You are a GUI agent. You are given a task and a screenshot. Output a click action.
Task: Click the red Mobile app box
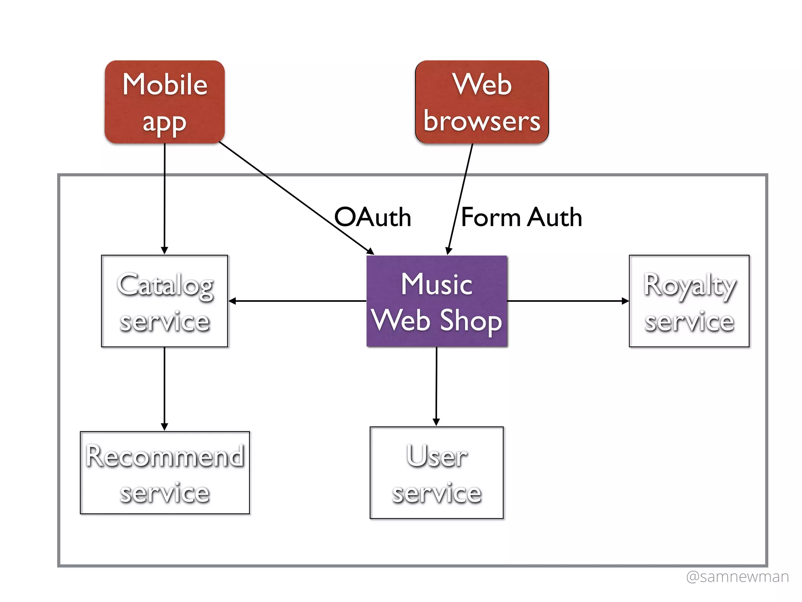tap(164, 102)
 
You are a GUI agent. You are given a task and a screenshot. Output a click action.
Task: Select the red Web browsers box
tap(482, 102)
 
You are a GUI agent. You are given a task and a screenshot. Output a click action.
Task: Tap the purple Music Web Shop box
tap(437, 301)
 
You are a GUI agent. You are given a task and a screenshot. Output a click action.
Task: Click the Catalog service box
tap(164, 301)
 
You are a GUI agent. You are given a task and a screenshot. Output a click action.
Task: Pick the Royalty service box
tap(689, 301)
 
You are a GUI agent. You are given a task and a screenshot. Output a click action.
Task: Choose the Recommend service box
tap(164, 473)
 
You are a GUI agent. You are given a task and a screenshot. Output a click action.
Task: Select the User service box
tap(437, 473)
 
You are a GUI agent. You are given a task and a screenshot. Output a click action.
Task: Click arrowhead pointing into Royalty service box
tap(625, 301)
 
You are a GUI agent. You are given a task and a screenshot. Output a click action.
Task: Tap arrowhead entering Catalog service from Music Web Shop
tap(232, 301)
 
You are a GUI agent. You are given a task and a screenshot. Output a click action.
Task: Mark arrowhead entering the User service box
tap(436, 422)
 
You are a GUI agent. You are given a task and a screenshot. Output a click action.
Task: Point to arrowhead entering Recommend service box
tap(164, 427)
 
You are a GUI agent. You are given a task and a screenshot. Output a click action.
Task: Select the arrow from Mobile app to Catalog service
tap(164, 196)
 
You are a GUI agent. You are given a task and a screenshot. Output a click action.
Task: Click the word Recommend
tap(164, 456)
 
